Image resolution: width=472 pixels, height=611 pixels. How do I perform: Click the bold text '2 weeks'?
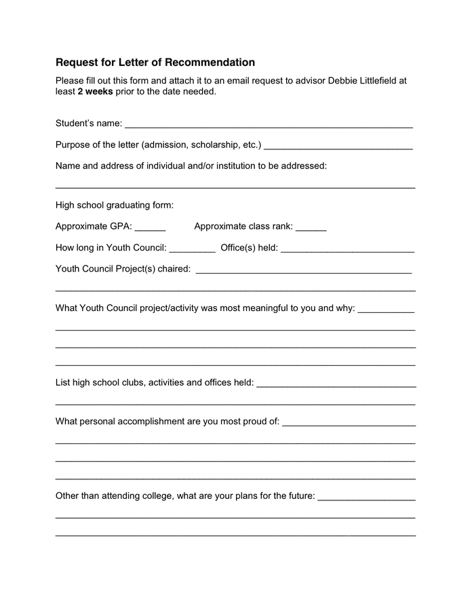tap(95, 92)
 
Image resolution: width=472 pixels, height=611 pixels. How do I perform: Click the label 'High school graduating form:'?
tap(115, 205)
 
